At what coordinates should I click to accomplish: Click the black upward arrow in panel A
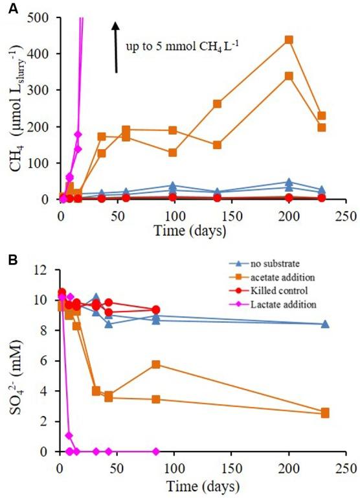(116, 45)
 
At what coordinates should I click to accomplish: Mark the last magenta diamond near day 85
(156, 451)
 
